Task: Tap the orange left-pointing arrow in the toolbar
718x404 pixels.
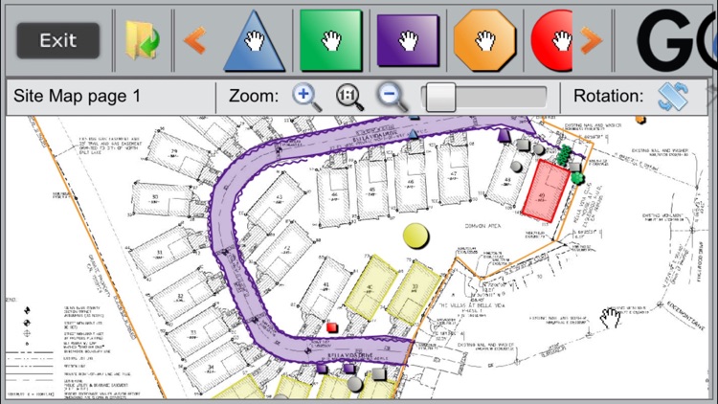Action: [x=194, y=40]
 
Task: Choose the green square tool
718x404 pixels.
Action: [x=329, y=40]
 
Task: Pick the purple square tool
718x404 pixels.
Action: [x=408, y=40]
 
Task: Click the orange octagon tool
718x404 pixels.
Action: [x=484, y=40]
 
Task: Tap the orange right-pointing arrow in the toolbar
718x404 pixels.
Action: [x=591, y=40]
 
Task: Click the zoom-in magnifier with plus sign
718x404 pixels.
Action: [x=305, y=96]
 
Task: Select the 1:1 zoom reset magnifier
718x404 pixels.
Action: [x=349, y=96]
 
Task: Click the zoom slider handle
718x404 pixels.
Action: [x=439, y=97]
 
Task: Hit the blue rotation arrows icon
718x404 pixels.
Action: [x=672, y=96]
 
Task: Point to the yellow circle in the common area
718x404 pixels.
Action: [x=415, y=235]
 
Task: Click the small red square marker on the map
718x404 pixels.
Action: [x=332, y=326]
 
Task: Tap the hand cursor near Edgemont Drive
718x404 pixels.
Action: [x=610, y=317]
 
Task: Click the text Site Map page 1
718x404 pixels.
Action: [x=78, y=96]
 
